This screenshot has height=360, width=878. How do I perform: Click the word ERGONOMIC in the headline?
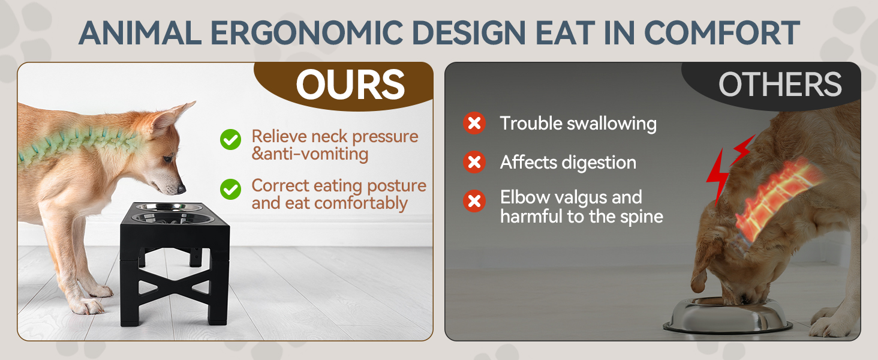point(306,32)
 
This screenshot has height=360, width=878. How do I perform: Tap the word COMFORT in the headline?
point(721,32)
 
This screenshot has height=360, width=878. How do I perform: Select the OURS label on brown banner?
point(350,85)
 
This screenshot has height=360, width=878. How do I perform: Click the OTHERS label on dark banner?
point(780,85)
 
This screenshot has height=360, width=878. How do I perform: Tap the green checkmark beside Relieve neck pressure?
point(230,140)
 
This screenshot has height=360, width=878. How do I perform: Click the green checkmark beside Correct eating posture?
point(230,190)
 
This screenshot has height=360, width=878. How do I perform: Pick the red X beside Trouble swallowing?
point(474,123)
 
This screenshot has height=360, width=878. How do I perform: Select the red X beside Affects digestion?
point(474,162)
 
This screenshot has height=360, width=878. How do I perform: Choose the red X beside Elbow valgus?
point(474,201)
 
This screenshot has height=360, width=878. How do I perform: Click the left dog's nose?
point(181,189)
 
